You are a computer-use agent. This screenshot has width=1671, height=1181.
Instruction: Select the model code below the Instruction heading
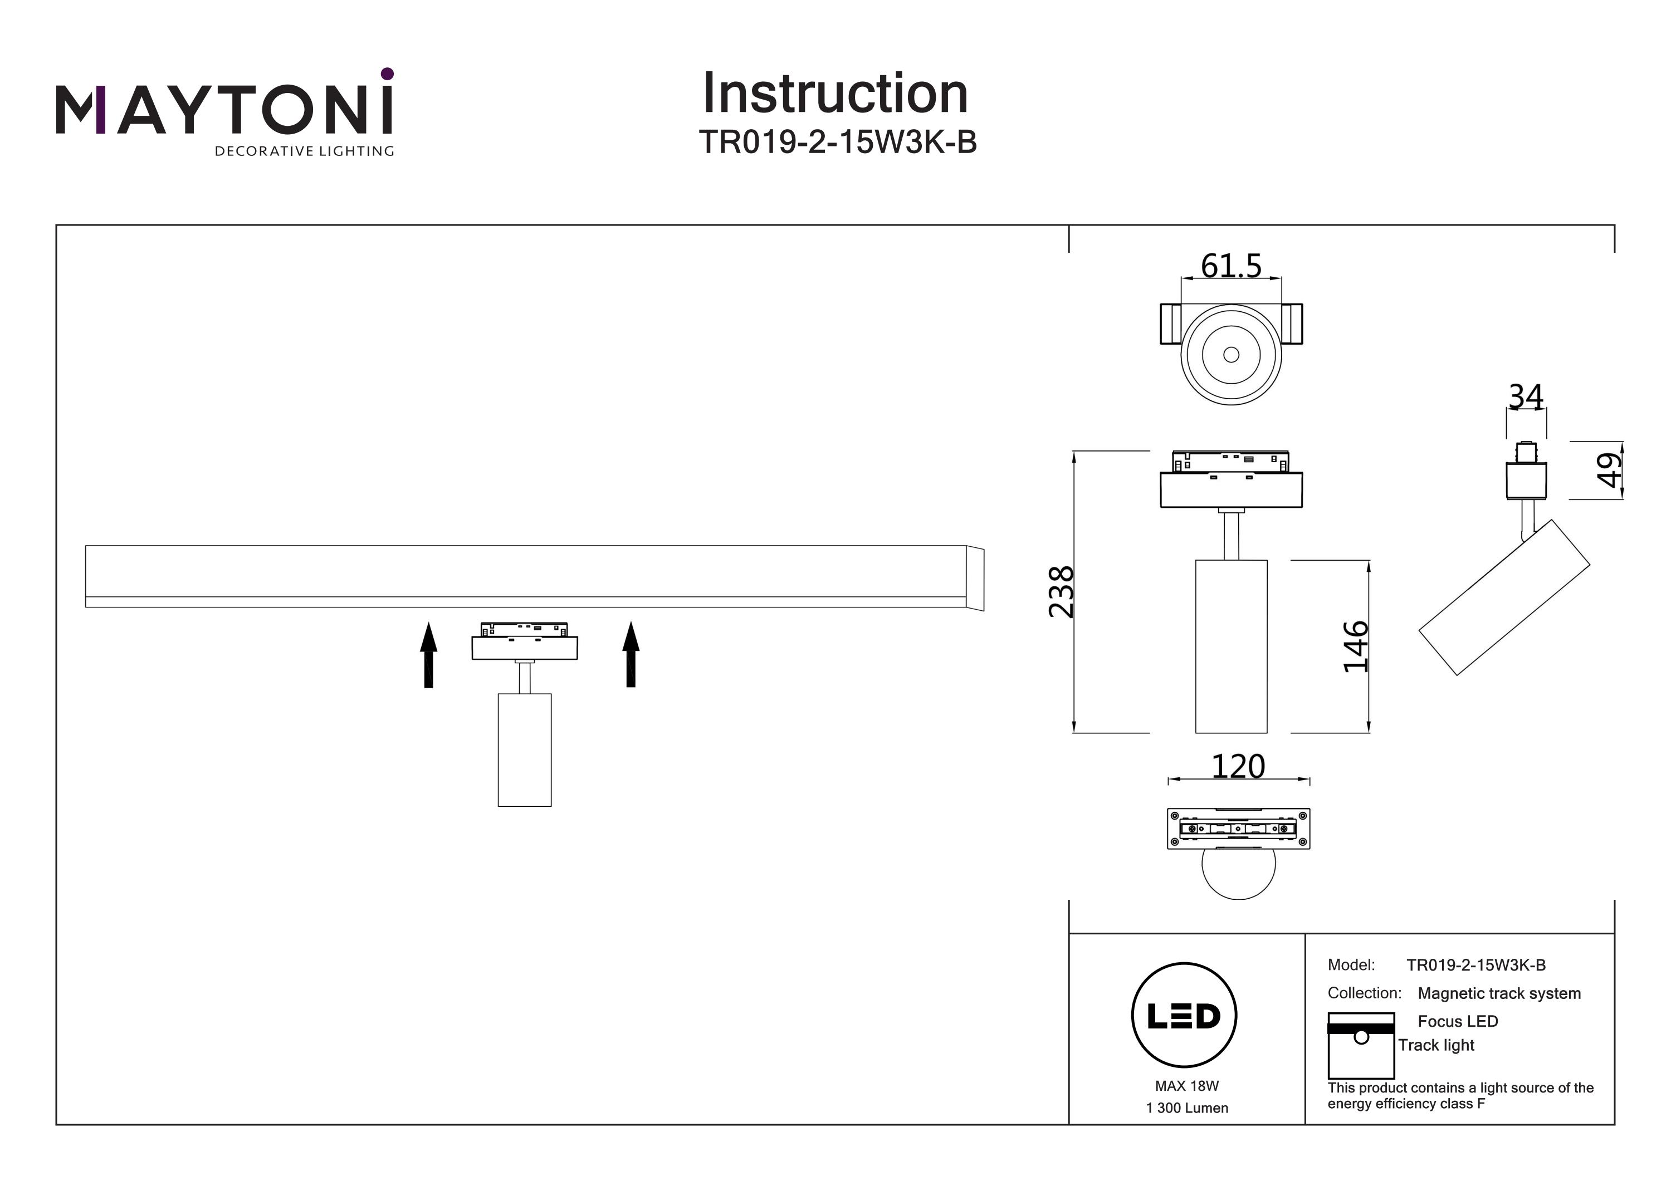(837, 143)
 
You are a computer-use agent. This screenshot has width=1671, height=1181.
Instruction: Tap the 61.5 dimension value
(1230, 266)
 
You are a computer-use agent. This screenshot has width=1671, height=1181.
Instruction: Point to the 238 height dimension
(1061, 591)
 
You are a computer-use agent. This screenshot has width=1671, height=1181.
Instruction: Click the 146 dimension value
(1355, 646)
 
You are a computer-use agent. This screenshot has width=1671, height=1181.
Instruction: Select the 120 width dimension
(1238, 766)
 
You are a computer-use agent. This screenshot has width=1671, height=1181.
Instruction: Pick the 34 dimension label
(1526, 398)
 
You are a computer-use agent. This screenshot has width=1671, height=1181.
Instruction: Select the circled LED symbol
(1184, 1015)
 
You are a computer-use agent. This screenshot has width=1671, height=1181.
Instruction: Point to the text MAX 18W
(1186, 1086)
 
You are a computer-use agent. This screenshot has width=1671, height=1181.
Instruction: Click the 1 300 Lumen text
(1187, 1108)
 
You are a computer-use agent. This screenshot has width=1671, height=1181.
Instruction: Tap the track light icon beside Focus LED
(1361, 1045)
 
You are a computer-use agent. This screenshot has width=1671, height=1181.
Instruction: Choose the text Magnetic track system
(1499, 993)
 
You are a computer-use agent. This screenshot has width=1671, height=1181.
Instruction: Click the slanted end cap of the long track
(975, 579)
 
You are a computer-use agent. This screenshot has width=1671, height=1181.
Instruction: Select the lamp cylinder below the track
(524, 749)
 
